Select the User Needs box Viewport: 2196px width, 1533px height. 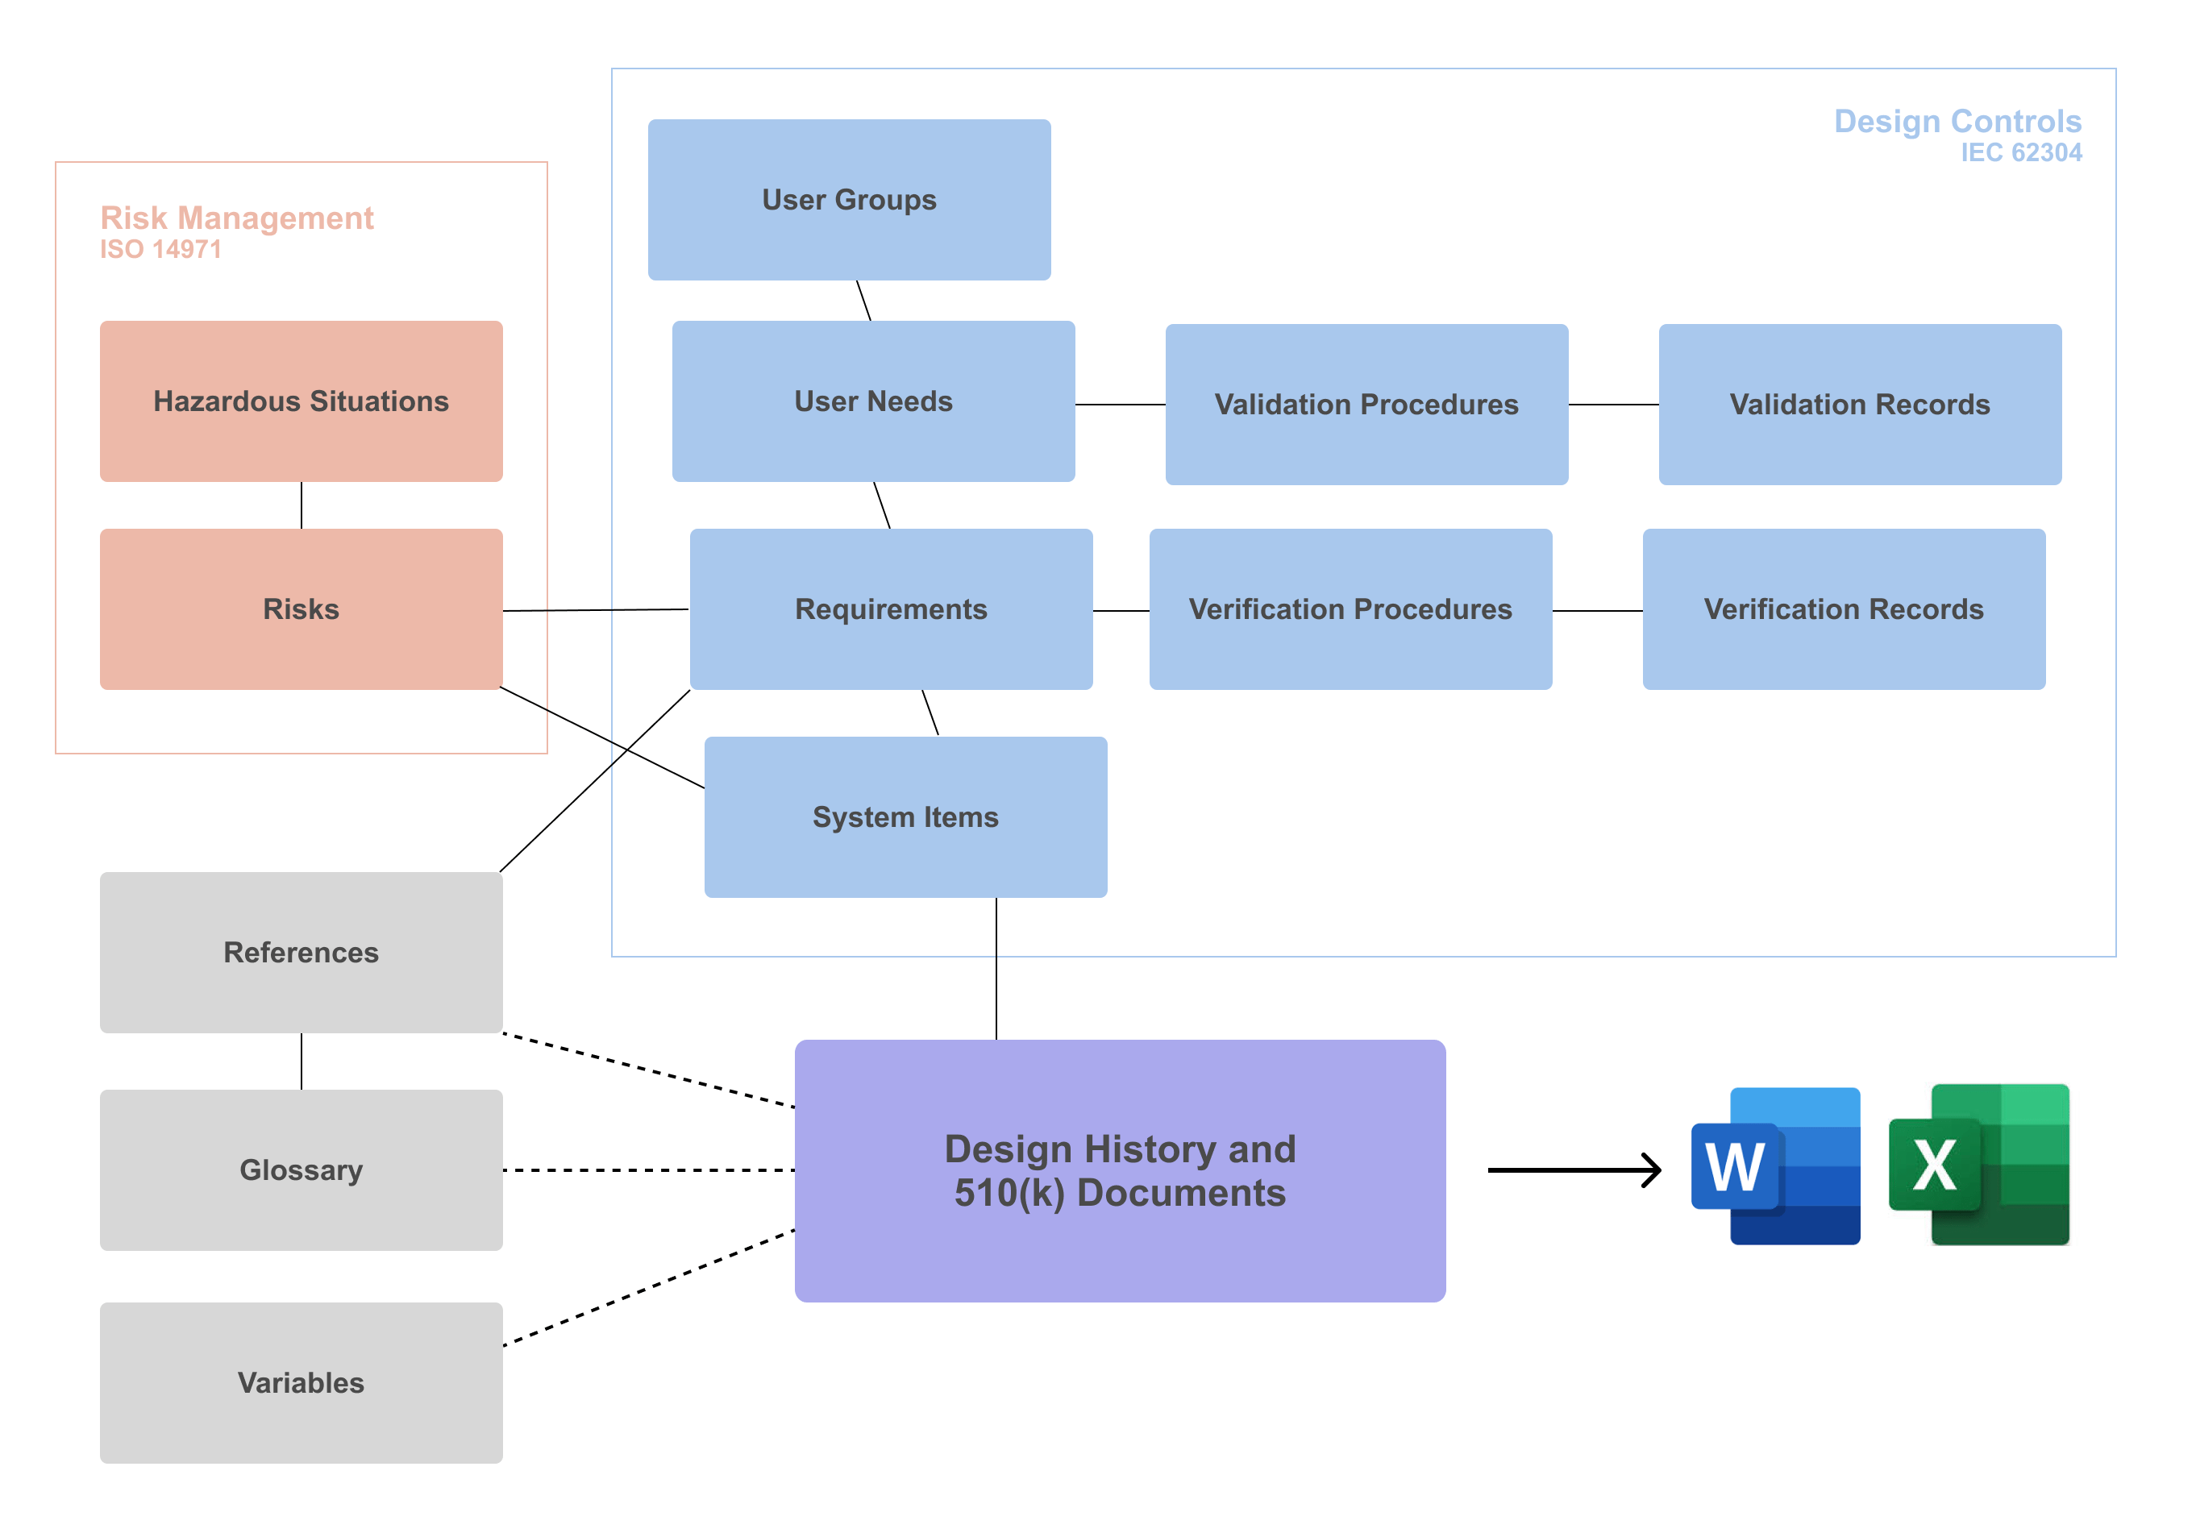pos(872,401)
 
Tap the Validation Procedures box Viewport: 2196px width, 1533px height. pos(1366,405)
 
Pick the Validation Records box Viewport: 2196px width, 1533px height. pos(1859,405)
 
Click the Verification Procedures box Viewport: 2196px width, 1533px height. pos(1350,609)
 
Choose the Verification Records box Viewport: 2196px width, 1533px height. pos(1843,609)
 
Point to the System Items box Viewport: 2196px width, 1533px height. pos(905,816)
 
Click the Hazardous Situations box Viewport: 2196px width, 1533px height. pos(302,401)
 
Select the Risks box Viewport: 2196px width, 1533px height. pos(302,609)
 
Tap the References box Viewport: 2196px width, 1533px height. pos(302,953)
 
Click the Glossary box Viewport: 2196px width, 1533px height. pos(302,1169)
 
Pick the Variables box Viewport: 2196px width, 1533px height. pos(302,1382)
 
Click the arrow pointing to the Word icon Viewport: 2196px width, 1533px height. pos(1574,1169)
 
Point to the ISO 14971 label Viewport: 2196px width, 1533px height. pos(160,250)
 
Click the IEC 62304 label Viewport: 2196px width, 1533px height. pos(2020,153)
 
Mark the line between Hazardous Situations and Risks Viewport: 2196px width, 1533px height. pos(302,505)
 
